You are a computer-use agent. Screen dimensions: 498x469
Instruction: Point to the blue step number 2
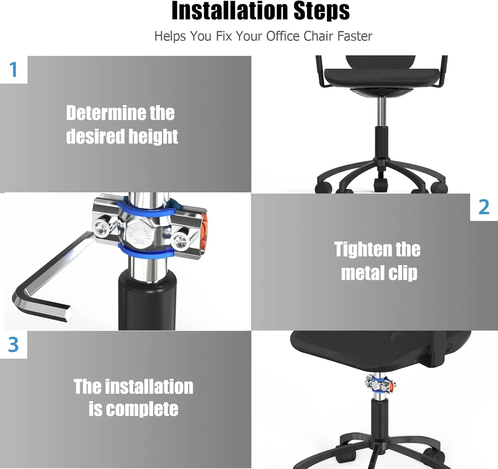pyautogui.click(x=484, y=207)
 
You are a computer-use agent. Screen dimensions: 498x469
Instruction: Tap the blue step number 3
pyautogui.click(x=13, y=344)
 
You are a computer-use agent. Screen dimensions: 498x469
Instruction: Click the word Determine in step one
pyautogui.click(x=106, y=113)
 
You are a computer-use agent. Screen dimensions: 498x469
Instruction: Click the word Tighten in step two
pyautogui.click(x=362, y=249)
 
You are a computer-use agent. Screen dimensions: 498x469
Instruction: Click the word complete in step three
pyautogui.click(x=142, y=409)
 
